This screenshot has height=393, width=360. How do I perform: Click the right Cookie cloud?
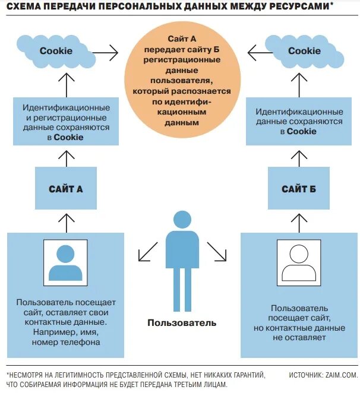pos(304,51)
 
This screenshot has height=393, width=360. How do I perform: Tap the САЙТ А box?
pos(65,189)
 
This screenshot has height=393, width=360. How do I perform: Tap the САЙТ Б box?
pos(298,189)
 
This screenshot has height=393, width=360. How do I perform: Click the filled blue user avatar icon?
pos(66,261)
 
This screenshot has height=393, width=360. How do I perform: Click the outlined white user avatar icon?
pos(299,261)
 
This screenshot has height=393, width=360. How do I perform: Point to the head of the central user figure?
pos(182,219)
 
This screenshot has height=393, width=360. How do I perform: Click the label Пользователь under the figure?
pos(182,323)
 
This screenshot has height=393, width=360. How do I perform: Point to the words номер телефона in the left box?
pos(67,342)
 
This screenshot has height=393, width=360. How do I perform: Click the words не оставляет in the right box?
pos(299,337)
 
